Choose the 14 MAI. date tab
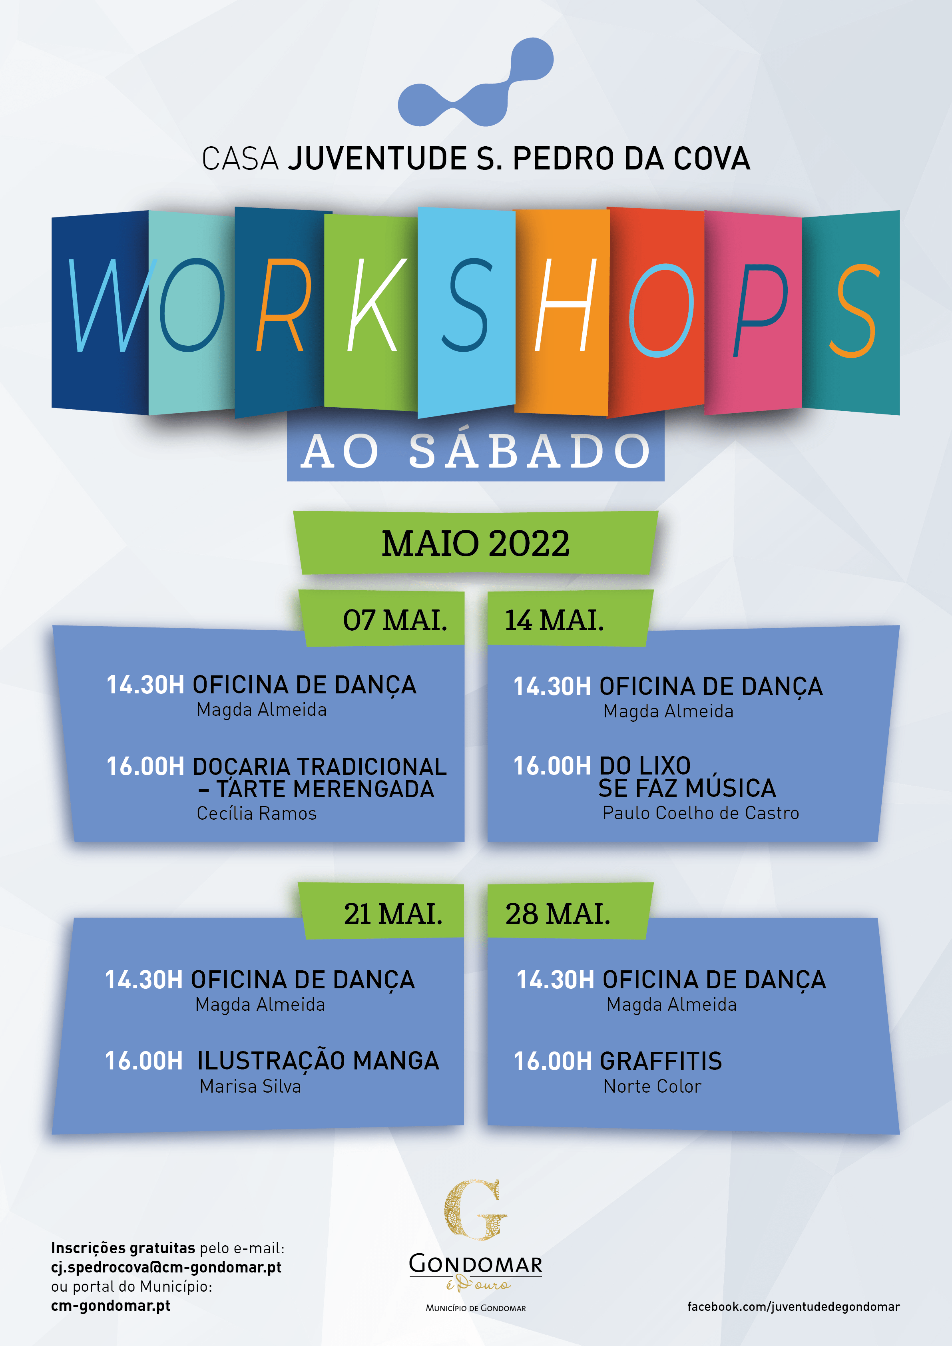point(554,620)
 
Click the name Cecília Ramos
point(256,813)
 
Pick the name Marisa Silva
point(250,1086)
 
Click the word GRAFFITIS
point(661,1061)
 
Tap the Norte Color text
point(652,1086)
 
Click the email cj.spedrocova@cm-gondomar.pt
point(166,1267)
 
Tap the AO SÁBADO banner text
point(476,452)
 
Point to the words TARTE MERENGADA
point(325,789)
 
